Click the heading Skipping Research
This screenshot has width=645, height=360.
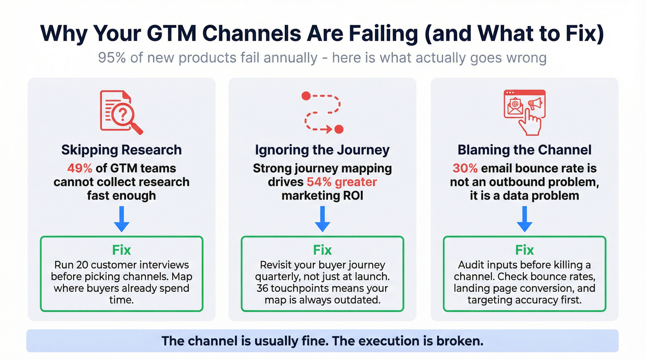pos(121,150)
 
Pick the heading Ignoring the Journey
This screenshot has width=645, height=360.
pos(322,150)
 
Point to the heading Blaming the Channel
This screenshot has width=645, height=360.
pos(524,150)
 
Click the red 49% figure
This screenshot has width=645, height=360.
pos(80,168)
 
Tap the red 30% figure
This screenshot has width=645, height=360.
pos(465,168)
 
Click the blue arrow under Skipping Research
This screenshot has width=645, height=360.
pos(121,218)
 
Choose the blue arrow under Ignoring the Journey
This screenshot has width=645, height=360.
pos(322,218)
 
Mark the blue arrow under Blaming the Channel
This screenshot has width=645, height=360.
pos(524,218)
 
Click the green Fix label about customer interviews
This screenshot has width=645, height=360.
pos(121,250)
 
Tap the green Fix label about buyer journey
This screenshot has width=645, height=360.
pos(322,250)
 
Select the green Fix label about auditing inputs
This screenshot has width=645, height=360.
pos(524,250)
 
